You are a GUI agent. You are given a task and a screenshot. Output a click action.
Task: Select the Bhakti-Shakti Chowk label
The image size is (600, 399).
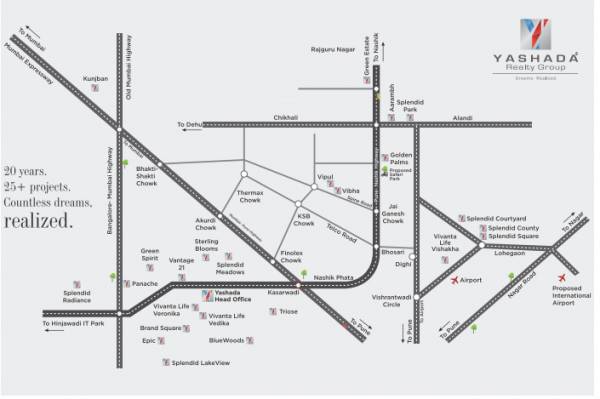(148, 176)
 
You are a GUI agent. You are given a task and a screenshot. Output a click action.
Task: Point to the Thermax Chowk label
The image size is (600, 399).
(251, 197)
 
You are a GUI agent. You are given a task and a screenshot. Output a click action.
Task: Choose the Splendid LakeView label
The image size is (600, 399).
(200, 362)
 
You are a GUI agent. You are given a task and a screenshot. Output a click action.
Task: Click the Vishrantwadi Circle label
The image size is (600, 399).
(393, 303)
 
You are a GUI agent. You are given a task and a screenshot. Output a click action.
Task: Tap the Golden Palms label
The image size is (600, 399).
(400, 160)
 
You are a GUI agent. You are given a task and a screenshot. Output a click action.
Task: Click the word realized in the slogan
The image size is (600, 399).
(39, 222)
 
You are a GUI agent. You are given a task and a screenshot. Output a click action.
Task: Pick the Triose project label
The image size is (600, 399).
(289, 312)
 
